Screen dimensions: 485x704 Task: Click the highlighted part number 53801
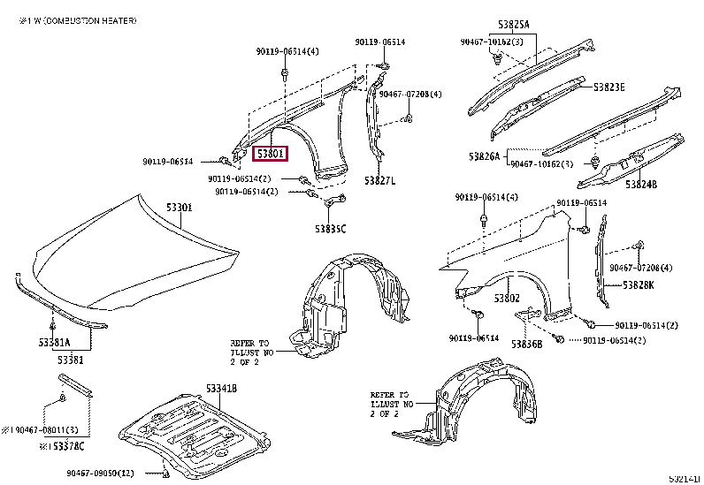tap(270, 154)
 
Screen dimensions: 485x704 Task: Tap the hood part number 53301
tap(179, 208)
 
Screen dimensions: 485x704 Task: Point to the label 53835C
tap(330, 229)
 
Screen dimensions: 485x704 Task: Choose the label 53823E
tap(609, 87)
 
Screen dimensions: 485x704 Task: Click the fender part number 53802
tap(507, 298)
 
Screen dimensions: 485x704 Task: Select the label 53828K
tap(638, 284)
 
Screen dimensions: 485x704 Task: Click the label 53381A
tap(53, 341)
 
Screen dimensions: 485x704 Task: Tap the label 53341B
tap(221, 389)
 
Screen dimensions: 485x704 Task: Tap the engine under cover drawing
tap(190, 433)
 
